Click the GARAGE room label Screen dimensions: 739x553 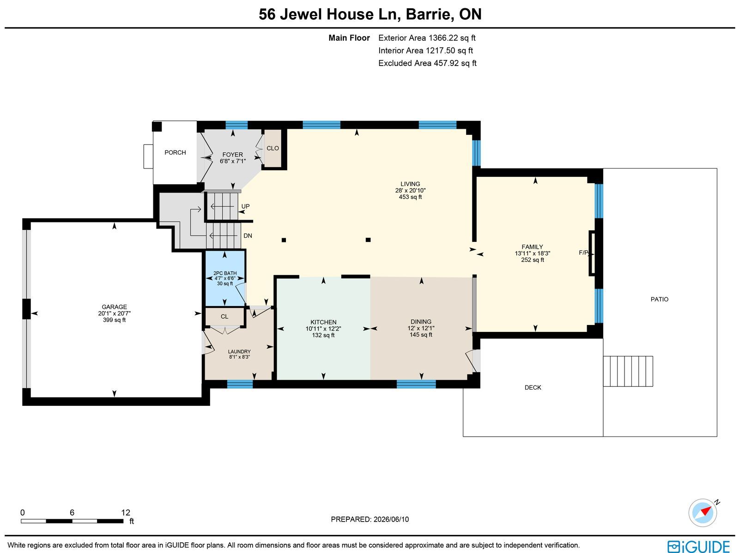click(x=114, y=307)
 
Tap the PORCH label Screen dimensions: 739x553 click(x=175, y=152)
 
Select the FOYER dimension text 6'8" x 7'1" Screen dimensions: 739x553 click(x=233, y=161)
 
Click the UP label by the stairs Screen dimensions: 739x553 click(x=245, y=206)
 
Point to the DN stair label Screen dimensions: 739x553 click(x=248, y=236)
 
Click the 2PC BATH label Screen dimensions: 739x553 click(x=225, y=273)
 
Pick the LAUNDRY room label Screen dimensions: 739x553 click(x=239, y=352)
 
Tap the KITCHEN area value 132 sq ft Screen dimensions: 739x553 click(x=323, y=335)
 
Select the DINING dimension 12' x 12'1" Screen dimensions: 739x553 click(x=421, y=328)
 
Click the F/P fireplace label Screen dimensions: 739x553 click(x=583, y=252)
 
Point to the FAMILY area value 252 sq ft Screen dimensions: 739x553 click(x=532, y=260)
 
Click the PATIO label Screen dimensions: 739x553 click(x=659, y=300)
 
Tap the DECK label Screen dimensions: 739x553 click(x=533, y=387)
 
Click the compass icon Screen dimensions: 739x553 click(x=703, y=513)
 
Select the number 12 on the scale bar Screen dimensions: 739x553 click(x=126, y=512)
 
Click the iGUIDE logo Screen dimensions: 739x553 click(x=699, y=546)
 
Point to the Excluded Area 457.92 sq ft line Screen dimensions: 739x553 click(x=427, y=63)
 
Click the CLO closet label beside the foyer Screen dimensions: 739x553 click(x=273, y=148)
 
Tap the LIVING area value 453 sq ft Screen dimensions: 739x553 click(x=410, y=197)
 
